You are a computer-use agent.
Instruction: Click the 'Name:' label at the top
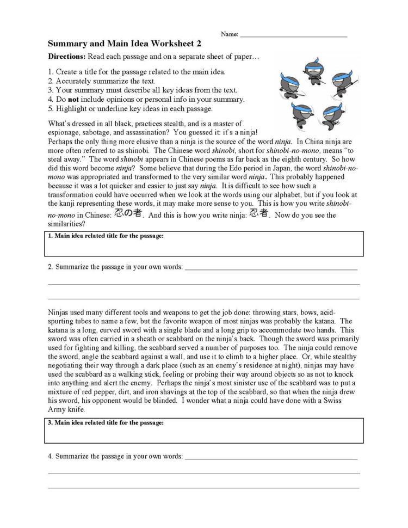(x=229, y=34)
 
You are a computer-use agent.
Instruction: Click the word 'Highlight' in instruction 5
(x=72, y=108)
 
